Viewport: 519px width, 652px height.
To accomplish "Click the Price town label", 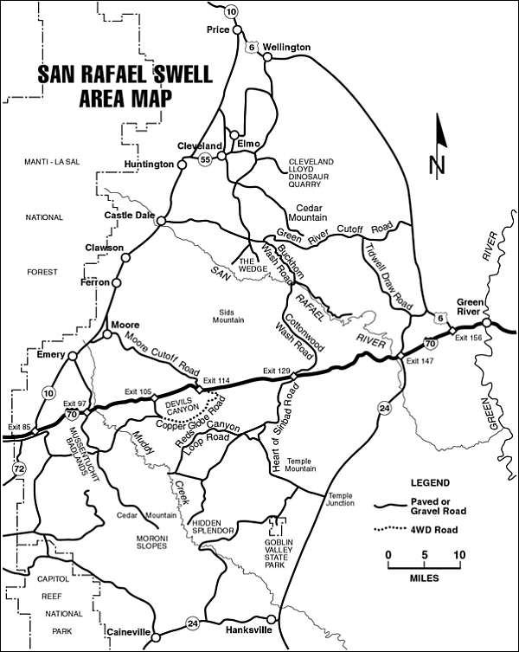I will click(x=217, y=29).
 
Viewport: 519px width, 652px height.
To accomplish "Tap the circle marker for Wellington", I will click(x=267, y=57).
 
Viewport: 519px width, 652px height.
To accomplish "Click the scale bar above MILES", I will click(x=423, y=566).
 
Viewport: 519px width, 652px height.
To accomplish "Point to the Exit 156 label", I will click(x=467, y=337).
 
